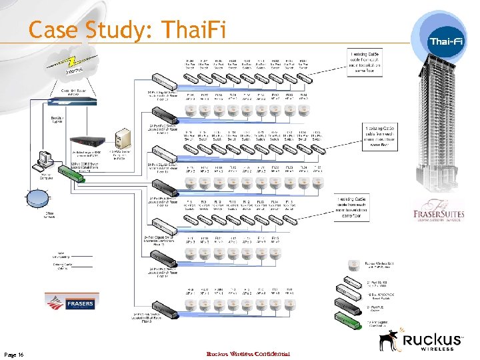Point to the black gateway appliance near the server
pos(88,141)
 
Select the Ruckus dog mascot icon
pos(389,341)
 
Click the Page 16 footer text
pos(13,354)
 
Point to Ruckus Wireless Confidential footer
pos(248,353)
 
